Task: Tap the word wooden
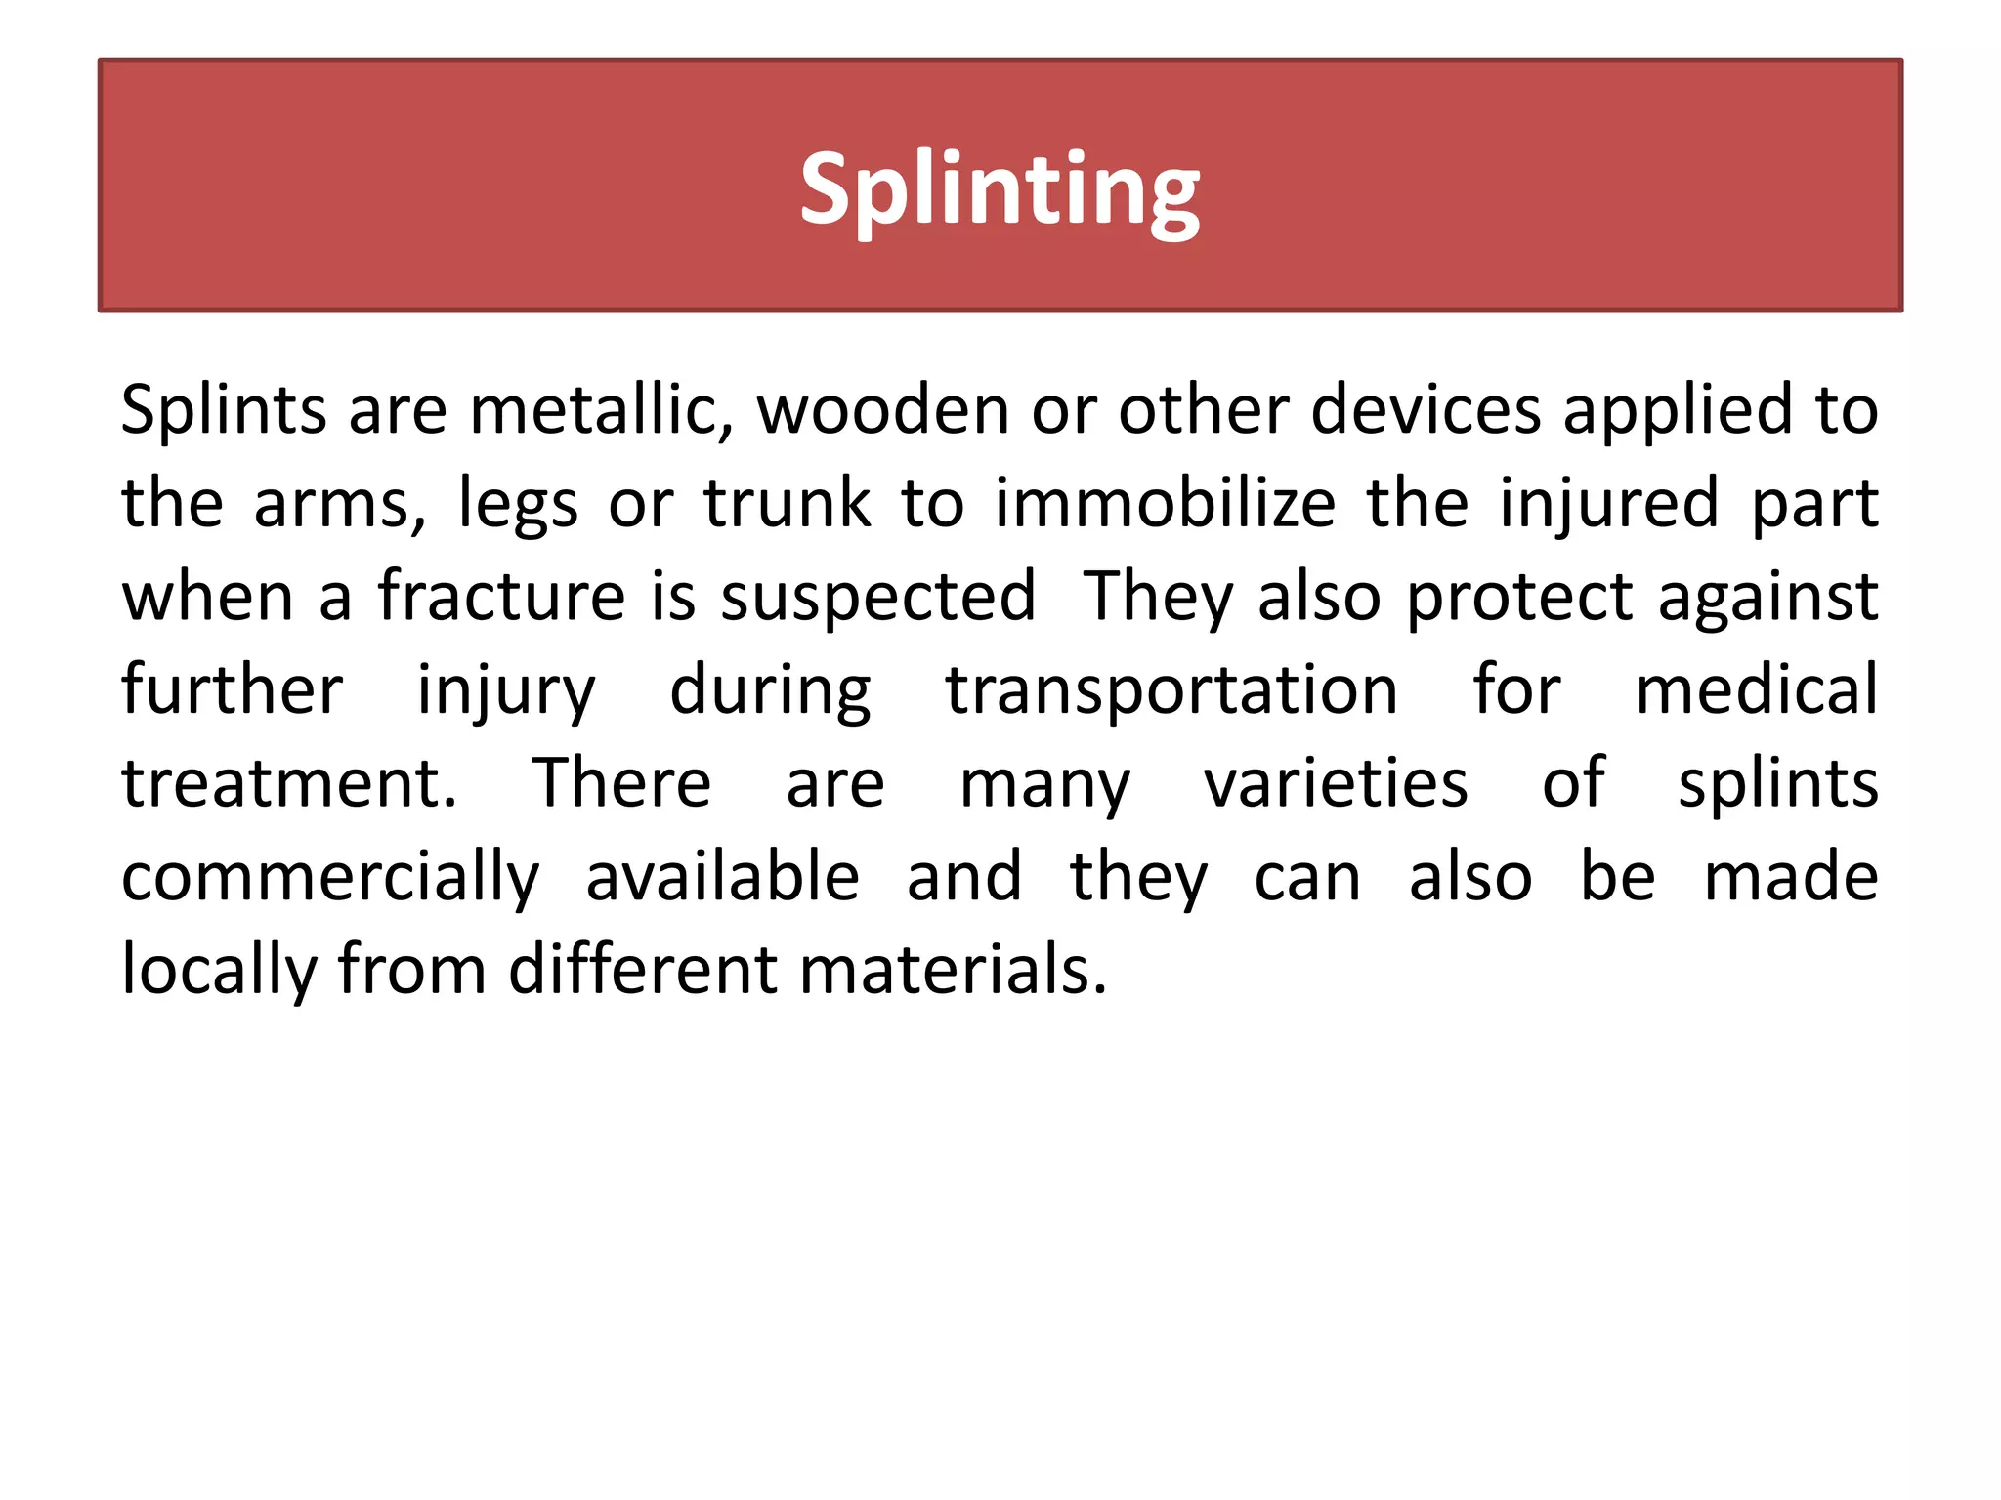883,410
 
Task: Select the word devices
1426,410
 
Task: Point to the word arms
339,504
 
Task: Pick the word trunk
788,504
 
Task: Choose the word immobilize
1165,504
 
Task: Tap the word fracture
501,597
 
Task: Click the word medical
1757,689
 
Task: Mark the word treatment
289,784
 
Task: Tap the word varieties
1336,783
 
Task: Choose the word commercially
330,878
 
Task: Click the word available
723,876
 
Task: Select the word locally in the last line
219,971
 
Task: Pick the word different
643,970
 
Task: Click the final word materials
954,970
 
